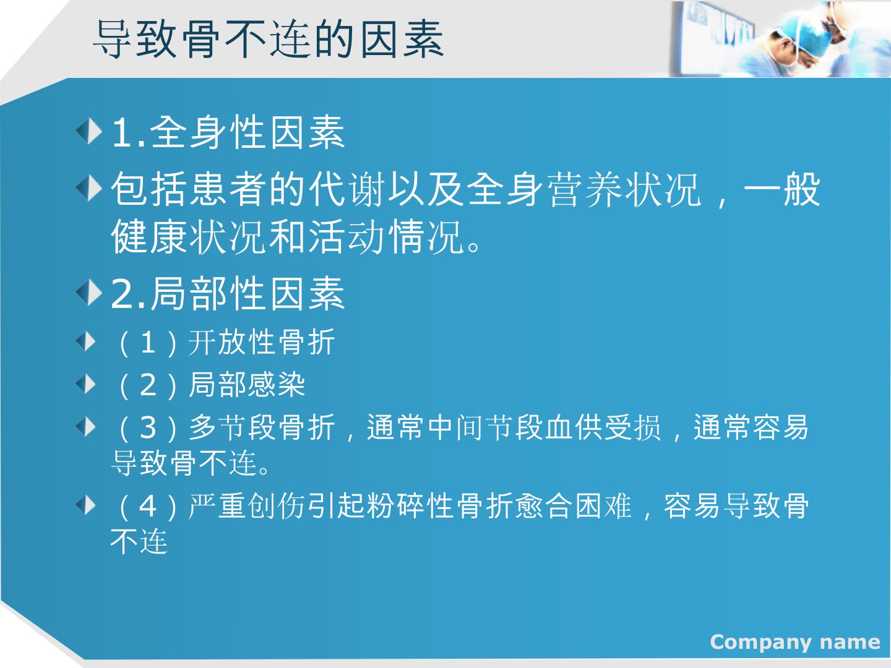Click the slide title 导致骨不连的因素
269,40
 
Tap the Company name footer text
795,643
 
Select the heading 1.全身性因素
228,132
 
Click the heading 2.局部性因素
228,294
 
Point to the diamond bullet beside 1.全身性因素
89,131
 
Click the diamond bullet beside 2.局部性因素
89,293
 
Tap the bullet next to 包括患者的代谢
89,188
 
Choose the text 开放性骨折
262,342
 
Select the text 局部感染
247,385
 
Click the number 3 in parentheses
148,427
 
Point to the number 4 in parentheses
148,506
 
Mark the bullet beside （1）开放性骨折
86,341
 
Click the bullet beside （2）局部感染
86,383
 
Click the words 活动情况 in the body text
385,238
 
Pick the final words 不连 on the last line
139,541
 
